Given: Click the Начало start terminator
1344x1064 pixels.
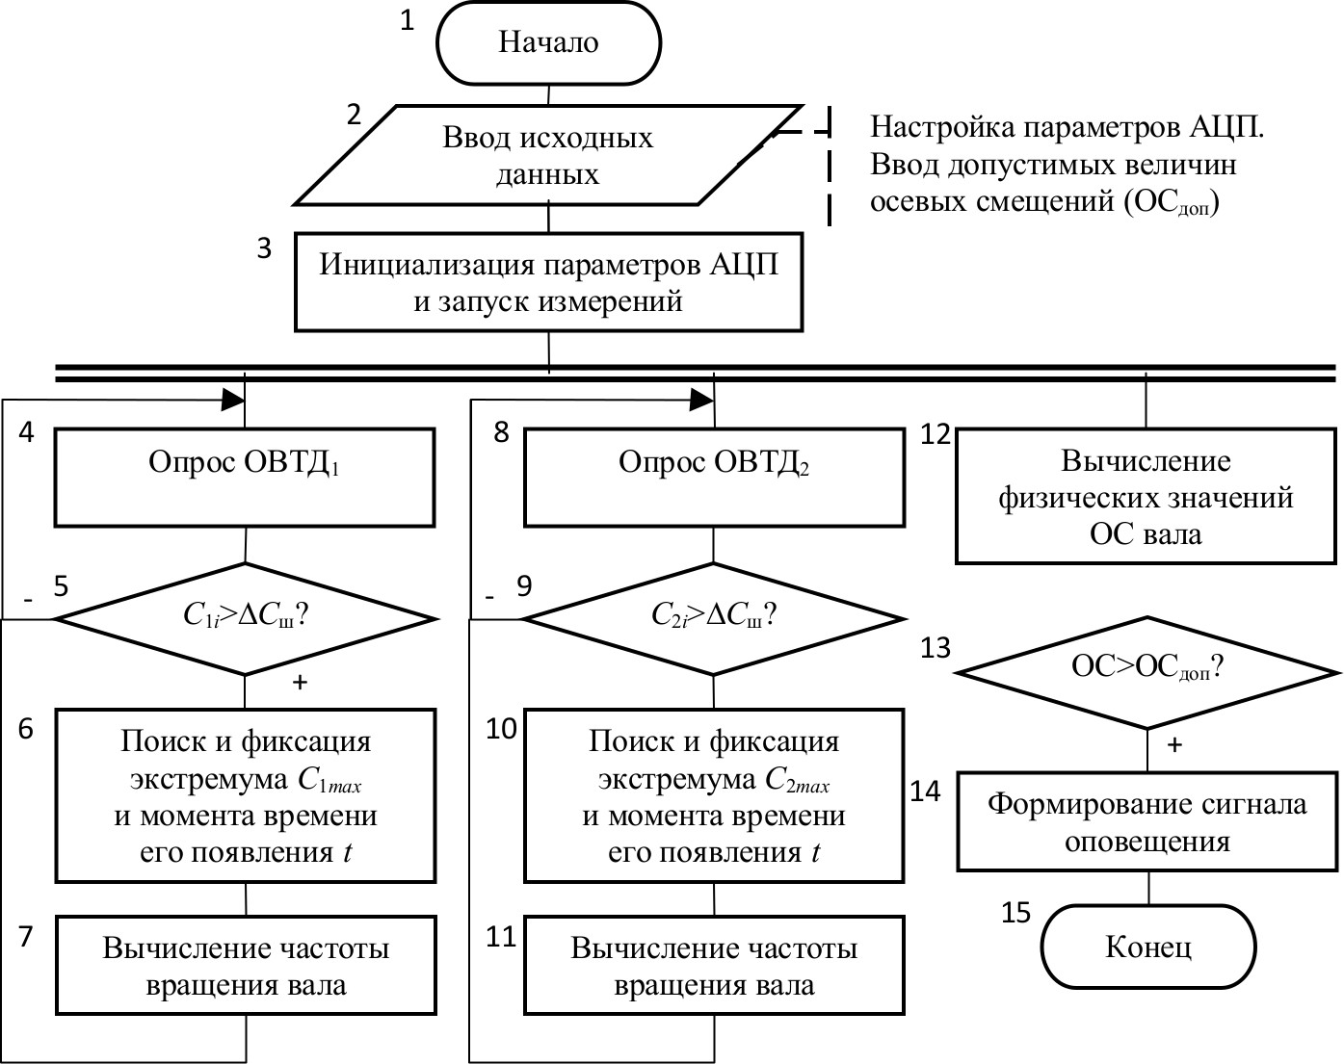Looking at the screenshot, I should [548, 42].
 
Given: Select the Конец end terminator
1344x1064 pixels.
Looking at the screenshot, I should [1147, 947].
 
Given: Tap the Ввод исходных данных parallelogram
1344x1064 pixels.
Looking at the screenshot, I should [548, 155].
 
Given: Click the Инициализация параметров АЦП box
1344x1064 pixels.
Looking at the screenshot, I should [548, 282].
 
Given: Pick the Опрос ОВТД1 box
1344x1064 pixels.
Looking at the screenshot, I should [245, 478].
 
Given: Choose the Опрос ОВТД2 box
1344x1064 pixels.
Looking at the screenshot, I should [714, 478].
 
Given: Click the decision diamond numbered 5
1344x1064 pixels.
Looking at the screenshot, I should [245, 617].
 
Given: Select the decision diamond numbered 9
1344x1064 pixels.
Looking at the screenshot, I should [714, 617].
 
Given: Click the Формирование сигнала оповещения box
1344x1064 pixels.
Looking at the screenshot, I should [1146, 822].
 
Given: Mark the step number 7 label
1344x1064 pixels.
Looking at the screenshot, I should [26, 936].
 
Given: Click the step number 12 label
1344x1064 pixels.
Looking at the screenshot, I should [935, 435].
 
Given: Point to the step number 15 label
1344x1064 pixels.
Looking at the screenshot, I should [1015, 912].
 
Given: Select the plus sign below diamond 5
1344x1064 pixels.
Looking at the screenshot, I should [300, 683].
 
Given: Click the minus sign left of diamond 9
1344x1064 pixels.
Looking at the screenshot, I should [489, 598].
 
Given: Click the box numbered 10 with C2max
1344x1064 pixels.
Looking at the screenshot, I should [714, 796].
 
